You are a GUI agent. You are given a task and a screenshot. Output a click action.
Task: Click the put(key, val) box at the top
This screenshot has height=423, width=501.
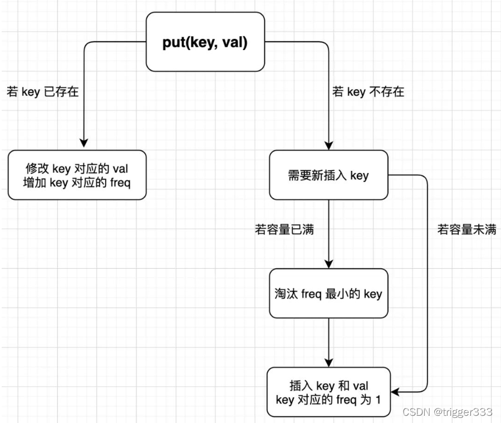click(x=205, y=43)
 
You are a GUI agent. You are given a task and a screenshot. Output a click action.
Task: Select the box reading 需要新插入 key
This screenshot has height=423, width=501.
click(x=328, y=175)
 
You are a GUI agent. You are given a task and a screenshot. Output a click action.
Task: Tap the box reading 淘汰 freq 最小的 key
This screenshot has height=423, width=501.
click(x=328, y=293)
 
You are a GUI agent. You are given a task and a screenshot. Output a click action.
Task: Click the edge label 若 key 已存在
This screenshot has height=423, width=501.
click(x=42, y=92)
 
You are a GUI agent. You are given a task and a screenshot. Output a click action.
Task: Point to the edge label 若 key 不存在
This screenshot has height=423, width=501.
click(x=368, y=92)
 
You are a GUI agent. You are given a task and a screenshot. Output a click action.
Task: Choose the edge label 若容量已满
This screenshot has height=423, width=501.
click(x=284, y=229)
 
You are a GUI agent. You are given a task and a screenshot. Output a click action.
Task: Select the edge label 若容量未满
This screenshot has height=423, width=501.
click(x=466, y=229)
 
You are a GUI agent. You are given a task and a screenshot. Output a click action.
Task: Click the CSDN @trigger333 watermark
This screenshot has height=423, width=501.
click(x=447, y=412)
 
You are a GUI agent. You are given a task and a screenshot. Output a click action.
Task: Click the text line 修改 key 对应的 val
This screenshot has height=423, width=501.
click(x=77, y=169)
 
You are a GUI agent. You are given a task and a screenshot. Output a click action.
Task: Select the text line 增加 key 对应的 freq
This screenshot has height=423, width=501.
click(x=77, y=182)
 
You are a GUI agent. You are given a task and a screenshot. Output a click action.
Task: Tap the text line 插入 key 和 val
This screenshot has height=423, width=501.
click(x=328, y=386)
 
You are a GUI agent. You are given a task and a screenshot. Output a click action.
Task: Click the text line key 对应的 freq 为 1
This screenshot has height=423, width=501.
click(x=328, y=399)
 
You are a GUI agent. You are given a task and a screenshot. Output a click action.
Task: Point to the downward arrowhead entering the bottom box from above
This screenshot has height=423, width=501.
click(x=328, y=362)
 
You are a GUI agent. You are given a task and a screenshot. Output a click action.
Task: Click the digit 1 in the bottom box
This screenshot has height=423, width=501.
click(x=378, y=399)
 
